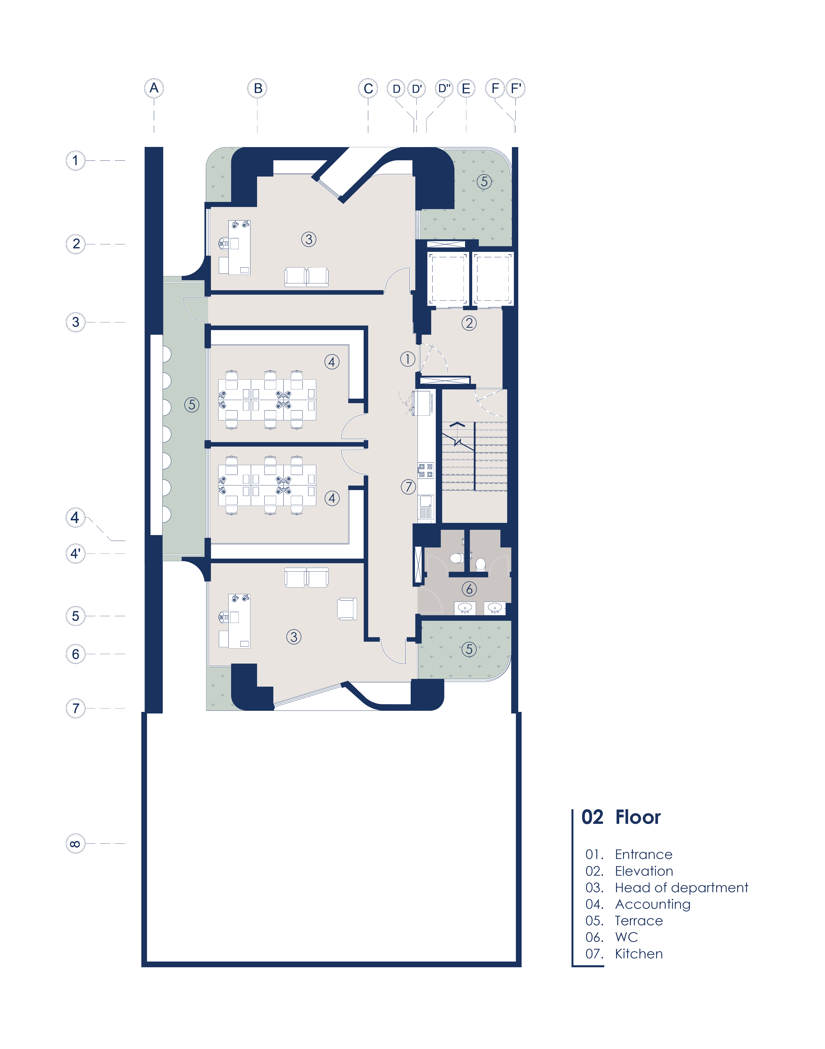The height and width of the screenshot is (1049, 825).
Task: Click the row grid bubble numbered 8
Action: (x=75, y=844)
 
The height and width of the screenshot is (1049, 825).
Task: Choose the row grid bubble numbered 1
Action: (x=75, y=160)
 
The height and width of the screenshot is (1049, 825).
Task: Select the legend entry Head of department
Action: (x=681, y=888)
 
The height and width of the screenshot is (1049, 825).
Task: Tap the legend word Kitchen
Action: (x=639, y=954)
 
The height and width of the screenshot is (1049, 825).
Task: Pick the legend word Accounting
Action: (x=653, y=904)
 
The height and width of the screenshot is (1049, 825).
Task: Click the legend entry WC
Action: (x=626, y=937)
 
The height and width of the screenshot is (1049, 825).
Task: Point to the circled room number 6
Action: (x=469, y=589)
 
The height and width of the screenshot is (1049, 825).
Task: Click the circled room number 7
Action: (x=408, y=487)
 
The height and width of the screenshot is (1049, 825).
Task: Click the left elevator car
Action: (x=448, y=279)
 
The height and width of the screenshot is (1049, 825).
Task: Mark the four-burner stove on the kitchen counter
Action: (x=426, y=470)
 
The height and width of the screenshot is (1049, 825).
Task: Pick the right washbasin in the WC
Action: (x=495, y=608)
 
